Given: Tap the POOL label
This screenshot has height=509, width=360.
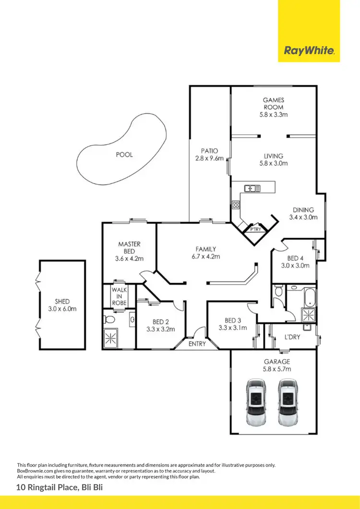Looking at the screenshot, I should [124, 155].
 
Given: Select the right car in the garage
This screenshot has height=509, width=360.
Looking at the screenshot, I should [288, 402].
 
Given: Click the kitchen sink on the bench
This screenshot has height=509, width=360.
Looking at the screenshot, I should [252, 189].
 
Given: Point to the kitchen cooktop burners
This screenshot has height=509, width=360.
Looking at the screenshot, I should [236, 205].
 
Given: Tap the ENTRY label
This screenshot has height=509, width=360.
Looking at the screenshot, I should [197, 344].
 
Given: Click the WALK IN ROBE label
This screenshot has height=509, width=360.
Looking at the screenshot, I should [119, 296].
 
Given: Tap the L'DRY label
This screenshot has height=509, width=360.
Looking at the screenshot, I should [292, 337].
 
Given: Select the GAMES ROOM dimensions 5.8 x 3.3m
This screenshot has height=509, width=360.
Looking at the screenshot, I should [273, 115].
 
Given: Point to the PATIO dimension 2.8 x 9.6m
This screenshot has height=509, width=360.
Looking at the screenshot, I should [210, 158].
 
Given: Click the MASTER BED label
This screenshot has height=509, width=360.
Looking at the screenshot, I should [129, 248].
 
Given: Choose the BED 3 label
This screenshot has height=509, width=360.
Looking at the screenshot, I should [232, 320].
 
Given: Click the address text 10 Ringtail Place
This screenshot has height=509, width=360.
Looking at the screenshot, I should [48, 488].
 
